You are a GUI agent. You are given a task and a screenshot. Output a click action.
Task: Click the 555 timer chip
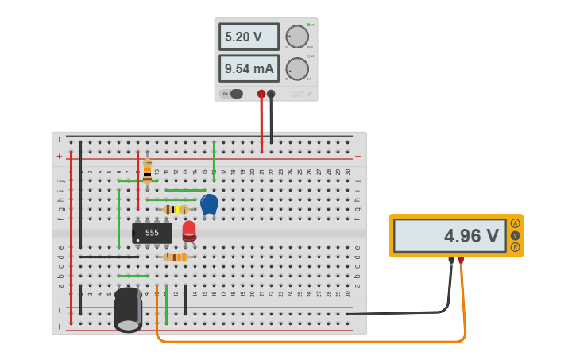152,233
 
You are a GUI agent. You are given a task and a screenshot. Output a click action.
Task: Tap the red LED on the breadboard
189,230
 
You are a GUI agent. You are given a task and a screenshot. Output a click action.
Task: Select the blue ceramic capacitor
209,204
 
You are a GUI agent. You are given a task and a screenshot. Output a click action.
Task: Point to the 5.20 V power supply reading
249,37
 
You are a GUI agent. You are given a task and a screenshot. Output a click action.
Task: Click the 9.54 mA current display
249,68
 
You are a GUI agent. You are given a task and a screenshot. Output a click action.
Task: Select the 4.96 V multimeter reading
450,235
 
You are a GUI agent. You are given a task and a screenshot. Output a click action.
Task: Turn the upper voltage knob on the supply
296,37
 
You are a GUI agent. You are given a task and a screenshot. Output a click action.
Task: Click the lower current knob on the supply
296,68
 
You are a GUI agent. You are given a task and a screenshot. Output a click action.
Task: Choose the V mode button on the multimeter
516,235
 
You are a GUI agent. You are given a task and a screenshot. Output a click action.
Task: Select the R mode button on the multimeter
516,247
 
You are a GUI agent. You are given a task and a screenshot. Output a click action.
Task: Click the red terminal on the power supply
261,94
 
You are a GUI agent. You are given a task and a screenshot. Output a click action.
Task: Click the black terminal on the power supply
271,94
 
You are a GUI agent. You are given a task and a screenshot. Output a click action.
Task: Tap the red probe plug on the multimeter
460,260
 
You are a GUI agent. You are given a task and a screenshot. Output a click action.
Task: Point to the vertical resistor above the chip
147,171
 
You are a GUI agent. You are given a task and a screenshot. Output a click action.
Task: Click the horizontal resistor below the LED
176,257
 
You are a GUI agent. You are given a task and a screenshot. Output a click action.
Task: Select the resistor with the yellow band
176,209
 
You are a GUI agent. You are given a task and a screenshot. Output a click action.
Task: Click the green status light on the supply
307,25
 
